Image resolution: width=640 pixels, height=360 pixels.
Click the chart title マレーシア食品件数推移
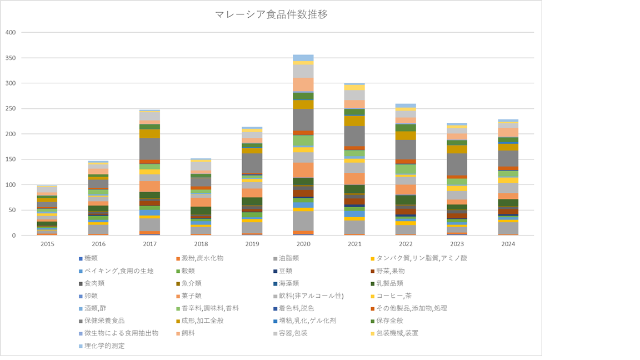(271, 14)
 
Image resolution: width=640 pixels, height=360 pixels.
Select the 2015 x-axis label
(47, 243)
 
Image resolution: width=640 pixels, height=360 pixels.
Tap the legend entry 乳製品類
(391, 283)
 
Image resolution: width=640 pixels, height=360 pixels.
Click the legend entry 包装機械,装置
(397, 333)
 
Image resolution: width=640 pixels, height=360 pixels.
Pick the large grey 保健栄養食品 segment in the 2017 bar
(149, 149)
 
